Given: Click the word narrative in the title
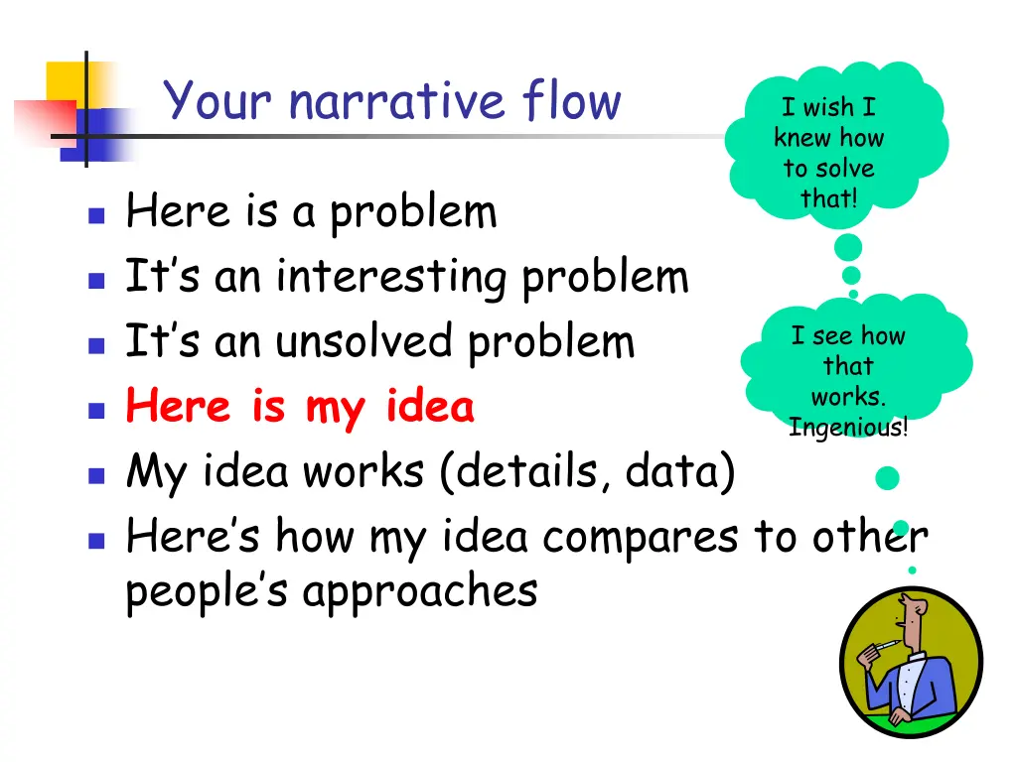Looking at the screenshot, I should [x=396, y=103].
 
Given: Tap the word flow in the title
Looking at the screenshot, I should [x=571, y=101].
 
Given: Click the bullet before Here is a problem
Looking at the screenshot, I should [x=95, y=214].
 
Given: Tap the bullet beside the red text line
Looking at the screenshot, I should [x=95, y=409].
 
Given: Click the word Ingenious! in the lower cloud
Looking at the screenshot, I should [x=847, y=429].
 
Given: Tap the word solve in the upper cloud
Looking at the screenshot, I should [x=843, y=168].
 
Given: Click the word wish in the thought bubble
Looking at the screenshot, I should [x=827, y=108].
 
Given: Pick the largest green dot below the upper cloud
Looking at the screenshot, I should [x=848, y=248].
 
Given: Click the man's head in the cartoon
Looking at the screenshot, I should [x=909, y=616].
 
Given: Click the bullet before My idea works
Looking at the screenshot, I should [x=95, y=474].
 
